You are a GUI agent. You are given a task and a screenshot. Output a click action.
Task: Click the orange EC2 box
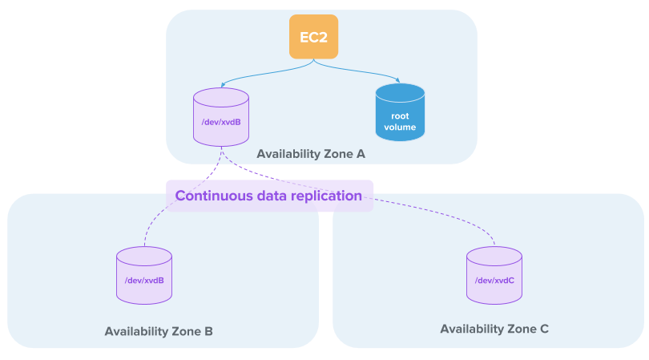[313, 37]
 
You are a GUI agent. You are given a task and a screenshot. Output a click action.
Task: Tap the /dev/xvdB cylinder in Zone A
[221, 118]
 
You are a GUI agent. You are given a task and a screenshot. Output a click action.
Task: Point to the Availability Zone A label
[311, 153]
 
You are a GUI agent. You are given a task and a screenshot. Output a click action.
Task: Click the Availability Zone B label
[159, 331]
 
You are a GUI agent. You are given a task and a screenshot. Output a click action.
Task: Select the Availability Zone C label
[494, 329]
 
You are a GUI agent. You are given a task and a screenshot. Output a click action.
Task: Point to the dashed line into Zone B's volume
[152, 229]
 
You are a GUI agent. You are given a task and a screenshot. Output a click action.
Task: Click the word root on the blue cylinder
[400, 115]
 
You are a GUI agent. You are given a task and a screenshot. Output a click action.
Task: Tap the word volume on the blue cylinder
[400, 127]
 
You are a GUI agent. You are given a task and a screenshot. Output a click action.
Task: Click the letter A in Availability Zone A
[361, 153]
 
